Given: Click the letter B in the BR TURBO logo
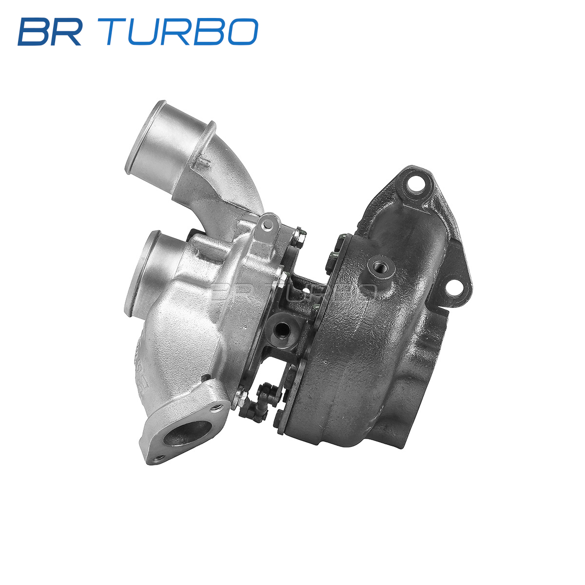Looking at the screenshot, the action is point(34,32).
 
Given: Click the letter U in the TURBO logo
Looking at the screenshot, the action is point(146,32).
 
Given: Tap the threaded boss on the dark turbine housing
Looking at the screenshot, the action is point(380,267).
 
